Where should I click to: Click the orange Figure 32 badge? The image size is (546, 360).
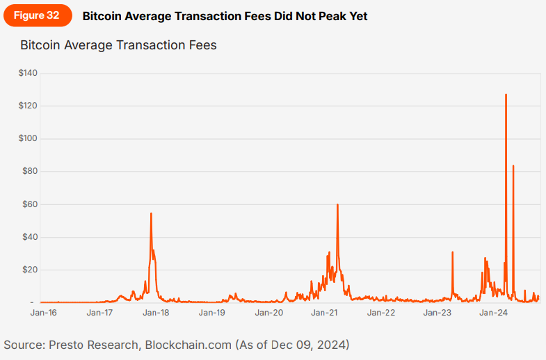(35, 15)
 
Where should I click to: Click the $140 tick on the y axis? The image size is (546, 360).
(28, 73)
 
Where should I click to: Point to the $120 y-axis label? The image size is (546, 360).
(28, 106)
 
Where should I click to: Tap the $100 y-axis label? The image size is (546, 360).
(28, 138)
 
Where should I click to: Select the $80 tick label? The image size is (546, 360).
(30, 171)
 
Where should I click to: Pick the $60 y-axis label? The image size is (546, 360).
(30, 204)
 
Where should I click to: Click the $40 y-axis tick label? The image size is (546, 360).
(30, 237)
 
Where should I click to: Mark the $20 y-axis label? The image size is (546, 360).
(30, 270)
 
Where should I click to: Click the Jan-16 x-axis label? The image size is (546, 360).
(43, 313)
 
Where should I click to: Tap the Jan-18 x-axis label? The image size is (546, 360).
(156, 313)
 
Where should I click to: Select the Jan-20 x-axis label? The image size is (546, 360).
(268, 313)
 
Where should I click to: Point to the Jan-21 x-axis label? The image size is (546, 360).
(325, 313)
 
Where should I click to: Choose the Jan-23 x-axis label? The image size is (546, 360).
(437, 313)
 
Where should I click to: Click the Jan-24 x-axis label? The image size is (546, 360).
(494, 313)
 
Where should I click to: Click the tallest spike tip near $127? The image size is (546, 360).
(506, 95)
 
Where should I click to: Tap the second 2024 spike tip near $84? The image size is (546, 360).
(513, 166)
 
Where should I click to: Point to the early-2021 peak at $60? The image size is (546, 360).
(337, 205)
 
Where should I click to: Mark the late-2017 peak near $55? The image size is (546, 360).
(151, 213)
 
